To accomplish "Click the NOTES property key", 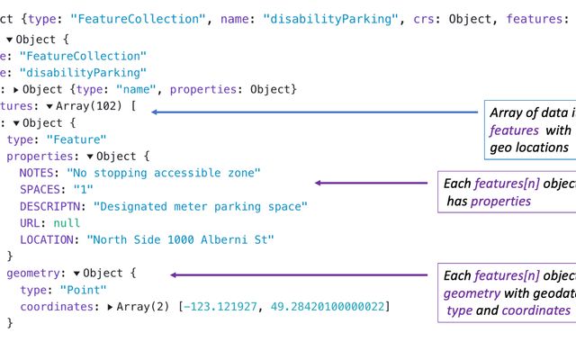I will click(39, 173).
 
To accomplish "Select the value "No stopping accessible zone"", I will click(163, 173).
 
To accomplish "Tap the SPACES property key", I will click(42, 190).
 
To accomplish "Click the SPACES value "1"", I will click(83, 190).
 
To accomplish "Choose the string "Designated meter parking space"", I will click(200, 207).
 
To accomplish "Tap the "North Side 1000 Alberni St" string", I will click(180, 240).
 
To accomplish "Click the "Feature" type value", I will click(82, 139).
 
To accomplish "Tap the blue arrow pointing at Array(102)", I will click(315, 112).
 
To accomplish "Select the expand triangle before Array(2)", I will click(110, 307).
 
